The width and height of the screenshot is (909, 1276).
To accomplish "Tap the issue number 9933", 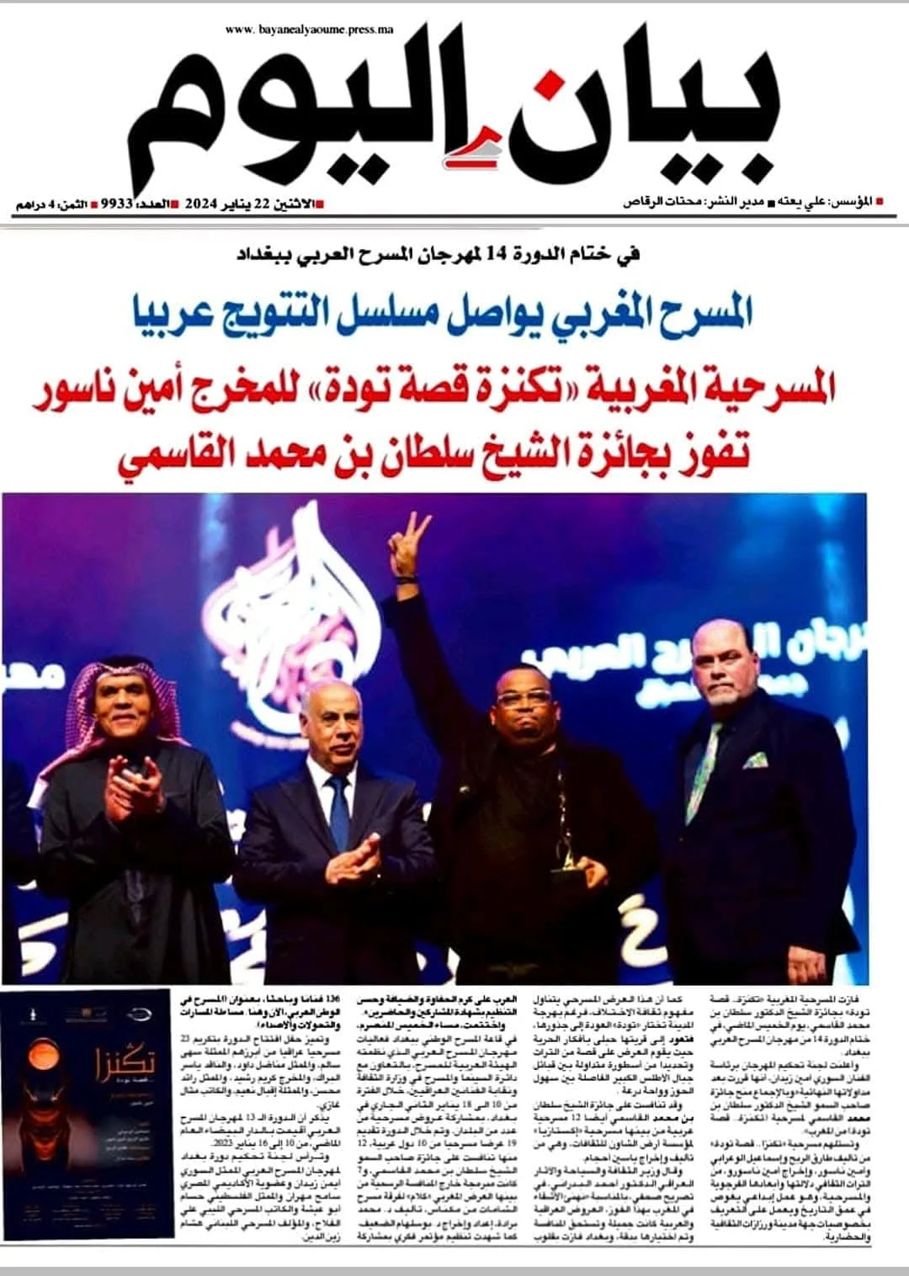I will [x=117, y=204].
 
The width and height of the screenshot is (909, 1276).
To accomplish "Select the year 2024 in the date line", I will [x=202, y=204].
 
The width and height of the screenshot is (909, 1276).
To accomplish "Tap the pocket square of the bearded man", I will [x=755, y=761].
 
